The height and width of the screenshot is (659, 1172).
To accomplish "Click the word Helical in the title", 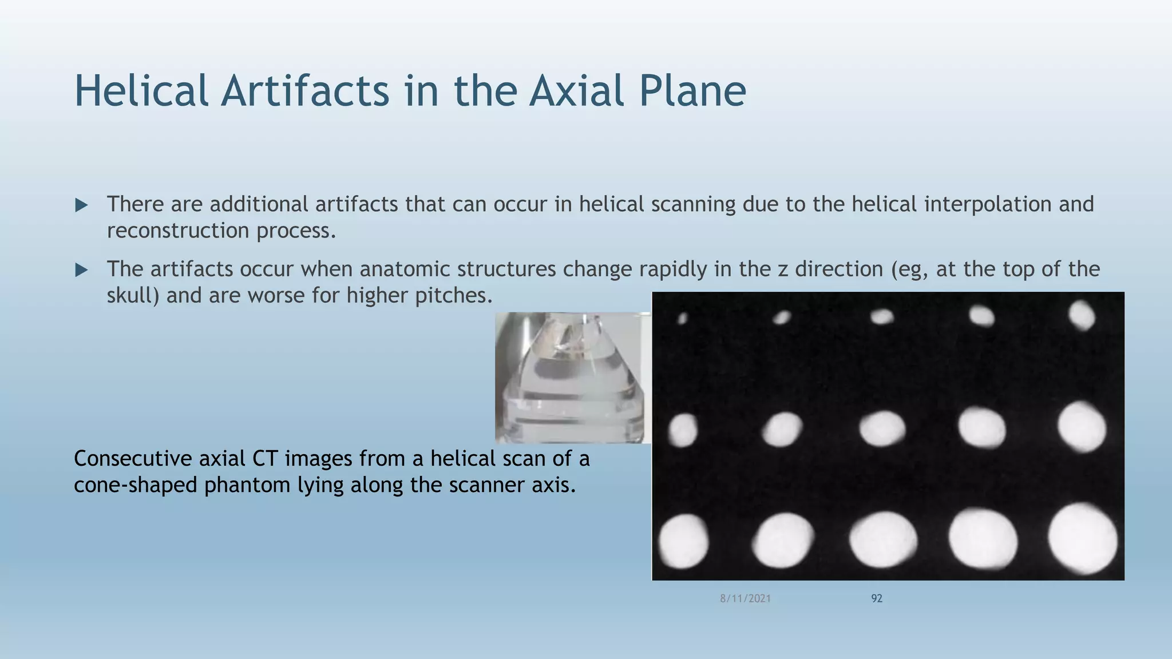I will [141, 92].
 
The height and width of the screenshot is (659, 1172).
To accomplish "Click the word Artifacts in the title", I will [305, 92].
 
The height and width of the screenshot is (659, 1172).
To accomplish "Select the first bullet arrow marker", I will [81, 205].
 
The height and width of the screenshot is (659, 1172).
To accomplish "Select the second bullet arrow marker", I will [81, 270].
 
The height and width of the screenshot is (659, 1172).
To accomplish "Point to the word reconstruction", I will [177, 231].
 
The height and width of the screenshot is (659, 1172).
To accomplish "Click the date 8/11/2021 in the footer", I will [745, 598].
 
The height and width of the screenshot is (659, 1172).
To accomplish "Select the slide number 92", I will [876, 598].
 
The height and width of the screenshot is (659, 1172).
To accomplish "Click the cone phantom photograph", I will [572, 378].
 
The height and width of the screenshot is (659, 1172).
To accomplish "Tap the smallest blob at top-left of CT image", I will [682, 318].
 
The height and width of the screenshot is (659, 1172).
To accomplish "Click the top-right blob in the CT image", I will [1082, 315].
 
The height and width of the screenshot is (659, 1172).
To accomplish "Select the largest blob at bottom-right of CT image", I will [1082, 539].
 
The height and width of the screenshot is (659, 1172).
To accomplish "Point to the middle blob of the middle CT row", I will [882, 428].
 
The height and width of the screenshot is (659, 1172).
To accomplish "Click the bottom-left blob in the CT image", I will [683, 541].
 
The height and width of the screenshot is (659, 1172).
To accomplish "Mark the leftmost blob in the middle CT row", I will [683, 430].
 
